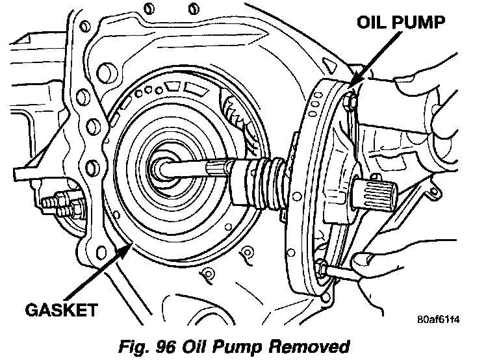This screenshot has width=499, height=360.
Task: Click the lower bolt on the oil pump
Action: (x=323, y=267)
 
